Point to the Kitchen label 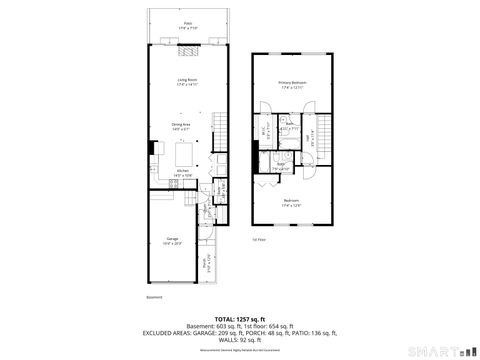coord(183,172)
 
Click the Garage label coord(172,240)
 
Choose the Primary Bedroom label coord(291,84)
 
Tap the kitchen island coord(186,155)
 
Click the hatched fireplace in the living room coord(187,45)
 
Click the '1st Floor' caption coord(258,239)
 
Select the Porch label coord(207,265)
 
